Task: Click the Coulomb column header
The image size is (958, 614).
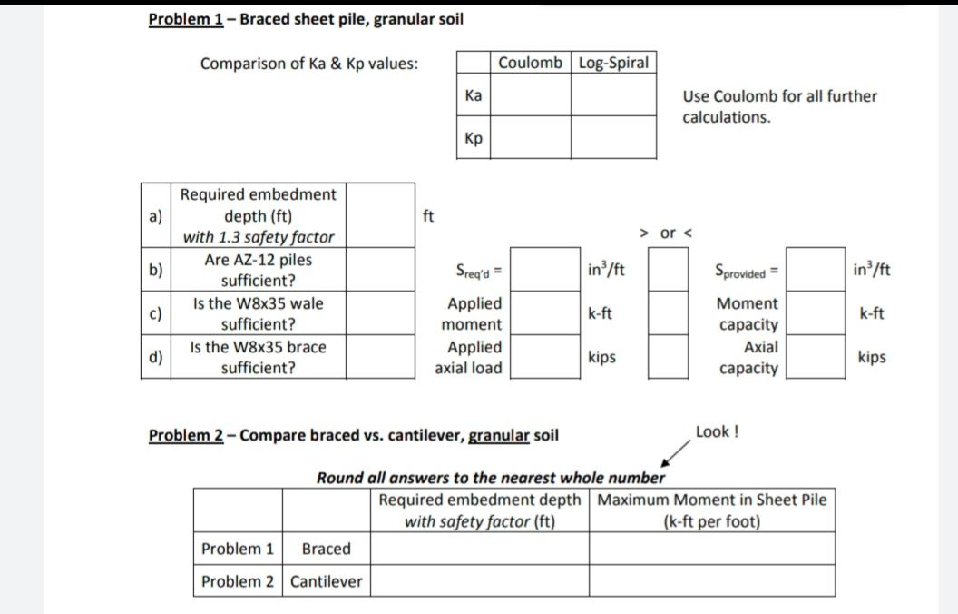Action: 531,63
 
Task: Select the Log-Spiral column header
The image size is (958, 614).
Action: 613,63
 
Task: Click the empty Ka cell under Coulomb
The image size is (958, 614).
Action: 531,94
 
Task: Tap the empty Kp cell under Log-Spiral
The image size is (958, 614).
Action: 613,137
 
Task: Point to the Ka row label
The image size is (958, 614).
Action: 474,94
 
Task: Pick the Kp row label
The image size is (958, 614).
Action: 474,137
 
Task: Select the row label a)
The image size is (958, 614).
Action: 154,216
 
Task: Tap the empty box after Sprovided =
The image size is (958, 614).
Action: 810,270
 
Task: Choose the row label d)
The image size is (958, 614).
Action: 154,357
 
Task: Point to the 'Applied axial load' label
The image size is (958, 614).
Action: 469,357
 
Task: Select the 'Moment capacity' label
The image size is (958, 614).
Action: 748,313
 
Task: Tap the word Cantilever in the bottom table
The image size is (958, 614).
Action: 326,581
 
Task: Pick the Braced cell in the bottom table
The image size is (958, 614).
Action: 326,549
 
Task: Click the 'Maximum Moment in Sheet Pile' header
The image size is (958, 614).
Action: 712,500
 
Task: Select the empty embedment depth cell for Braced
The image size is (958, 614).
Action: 479,549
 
